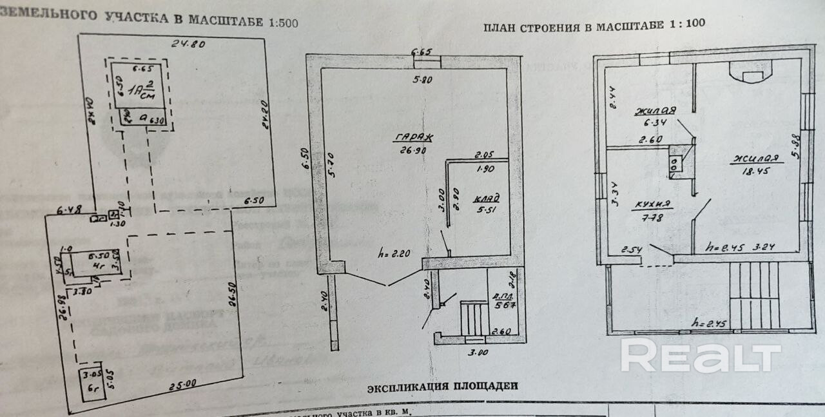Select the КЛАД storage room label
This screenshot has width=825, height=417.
click(x=487, y=198)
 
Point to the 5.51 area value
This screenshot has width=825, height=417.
click(x=487, y=209)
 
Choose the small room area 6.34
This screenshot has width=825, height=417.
click(x=653, y=122)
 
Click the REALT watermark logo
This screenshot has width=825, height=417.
click(x=701, y=356)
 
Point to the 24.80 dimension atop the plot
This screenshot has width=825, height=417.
click(x=188, y=44)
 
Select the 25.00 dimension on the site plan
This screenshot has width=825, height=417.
click(x=183, y=385)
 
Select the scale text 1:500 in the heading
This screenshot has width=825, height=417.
click(x=283, y=23)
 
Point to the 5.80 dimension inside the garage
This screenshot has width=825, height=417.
click(x=423, y=80)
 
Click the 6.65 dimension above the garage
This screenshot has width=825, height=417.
click(x=422, y=52)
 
